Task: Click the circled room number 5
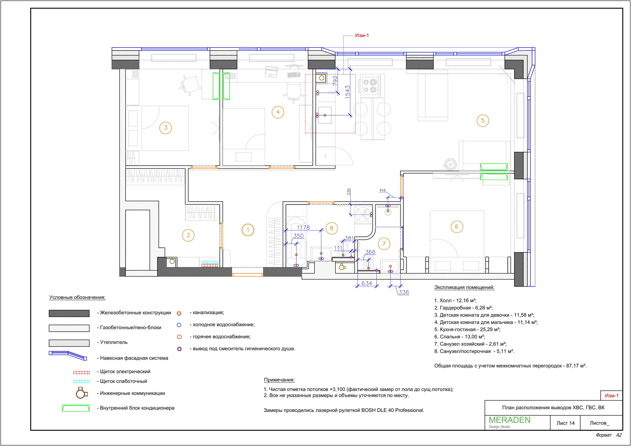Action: (x=483, y=121)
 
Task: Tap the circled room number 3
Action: (x=165, y=128)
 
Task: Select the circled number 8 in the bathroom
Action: (x=332, y=228)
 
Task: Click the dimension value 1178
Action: (x=303, y=228)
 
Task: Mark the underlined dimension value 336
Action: (x=404, y=292)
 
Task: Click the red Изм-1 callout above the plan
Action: (x=362, y=35)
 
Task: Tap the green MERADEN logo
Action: (x=509, y=420)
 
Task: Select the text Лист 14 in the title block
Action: (x=566, y=423)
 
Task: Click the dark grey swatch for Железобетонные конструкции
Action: (x=69, y=313)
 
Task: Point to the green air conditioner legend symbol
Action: (x=76, y=408)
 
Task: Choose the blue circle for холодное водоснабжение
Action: (x=179, y=325)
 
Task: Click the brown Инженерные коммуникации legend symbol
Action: (x=81, y=393)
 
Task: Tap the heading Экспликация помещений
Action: (x=464, y=287)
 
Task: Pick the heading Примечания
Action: (x=279, y=380)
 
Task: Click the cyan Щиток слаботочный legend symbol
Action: (x=81, y=382)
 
